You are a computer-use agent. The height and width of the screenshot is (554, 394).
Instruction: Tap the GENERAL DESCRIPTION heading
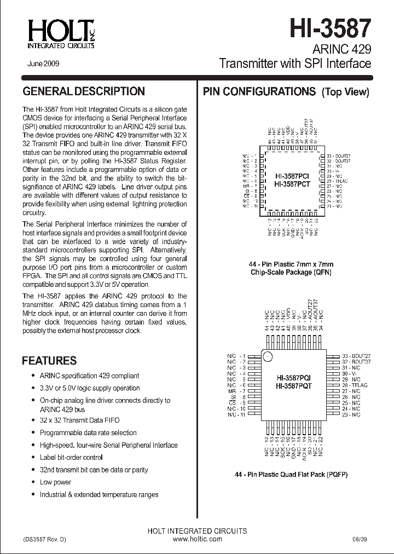(x=83, y=91)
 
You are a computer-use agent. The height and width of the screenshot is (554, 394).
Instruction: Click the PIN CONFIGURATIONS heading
(x=259, y=91)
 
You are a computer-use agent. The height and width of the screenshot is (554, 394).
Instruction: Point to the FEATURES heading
(x=49, y=361)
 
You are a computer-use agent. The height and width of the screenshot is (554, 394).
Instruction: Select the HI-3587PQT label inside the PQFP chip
(x=293, y=386)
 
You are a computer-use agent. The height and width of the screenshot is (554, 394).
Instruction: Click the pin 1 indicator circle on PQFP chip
(x=268, y=357)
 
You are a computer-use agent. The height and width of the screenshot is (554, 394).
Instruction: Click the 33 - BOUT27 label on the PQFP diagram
(x=346, y=355)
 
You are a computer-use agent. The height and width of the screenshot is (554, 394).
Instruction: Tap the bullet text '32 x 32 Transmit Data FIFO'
(x=80, y=420)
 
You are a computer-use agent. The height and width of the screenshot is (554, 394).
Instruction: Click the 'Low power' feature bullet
(x=55, y=482)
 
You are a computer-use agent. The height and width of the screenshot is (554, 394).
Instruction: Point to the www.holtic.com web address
(x=197, y=539)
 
